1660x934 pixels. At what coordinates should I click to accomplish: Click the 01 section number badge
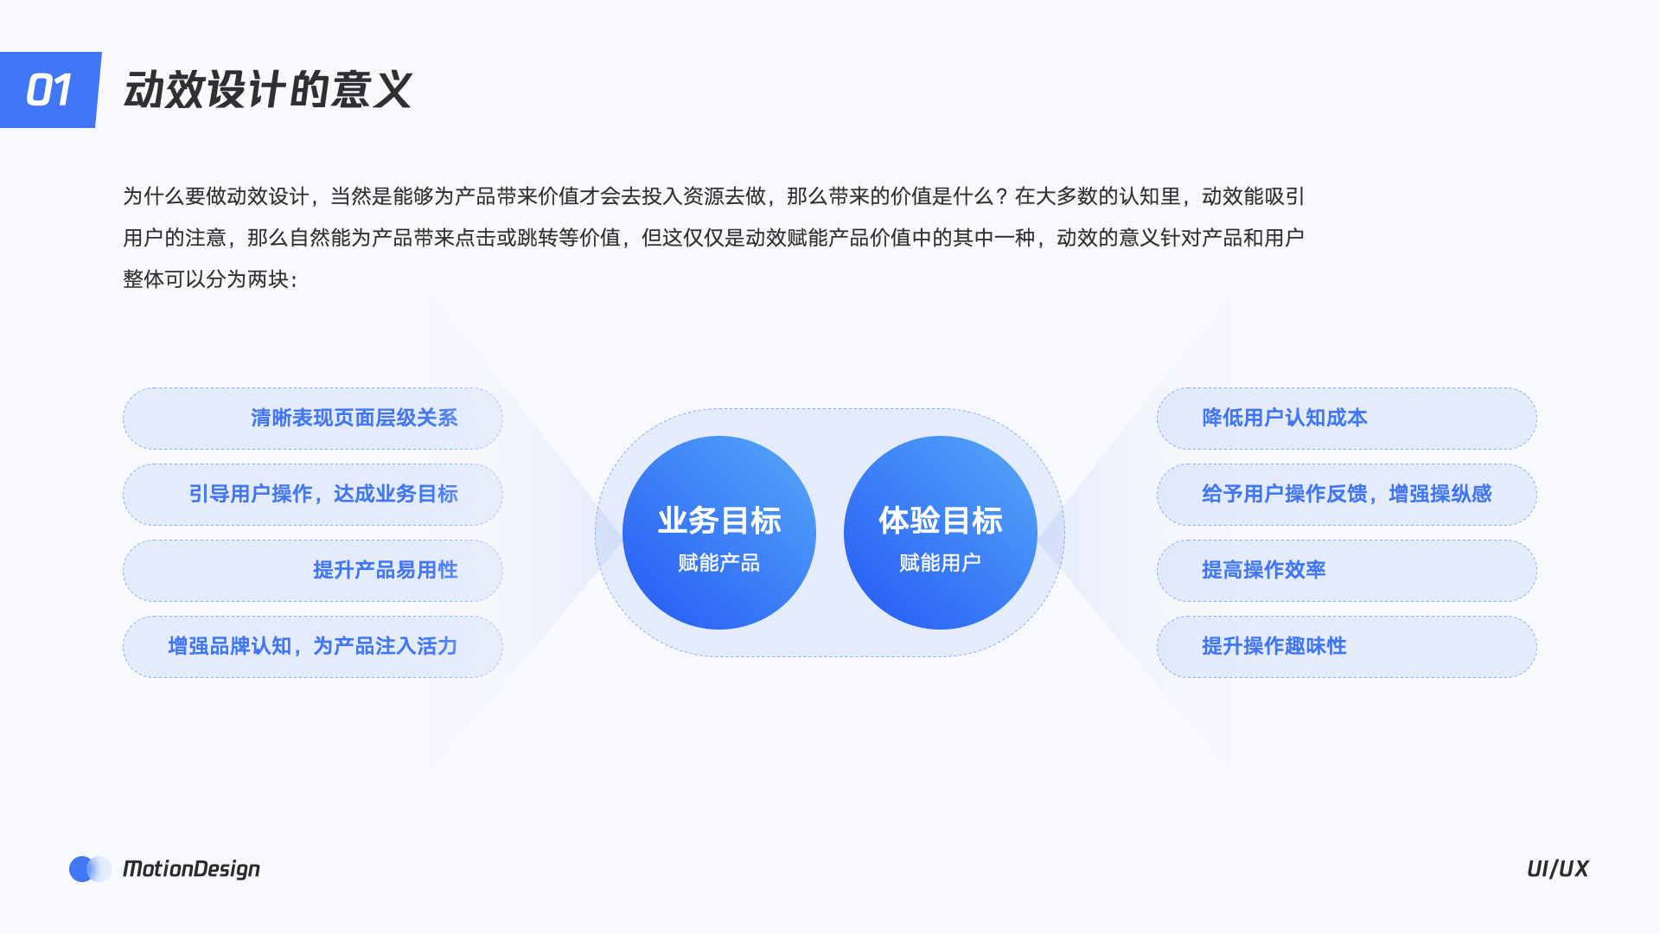(x=49, y=90)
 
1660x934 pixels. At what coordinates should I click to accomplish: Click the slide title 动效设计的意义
(x=267, y=90)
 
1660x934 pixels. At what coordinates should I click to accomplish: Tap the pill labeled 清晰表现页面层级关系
(x=312, y=419)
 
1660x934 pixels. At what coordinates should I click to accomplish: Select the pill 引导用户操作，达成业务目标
(x=312, y=495)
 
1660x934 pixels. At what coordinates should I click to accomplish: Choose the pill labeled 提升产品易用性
(x=312, y=571)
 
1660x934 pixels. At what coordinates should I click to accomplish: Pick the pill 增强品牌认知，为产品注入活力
(x=312, y=647)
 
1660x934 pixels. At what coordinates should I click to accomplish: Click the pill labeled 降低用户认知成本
(x=1346, y=419)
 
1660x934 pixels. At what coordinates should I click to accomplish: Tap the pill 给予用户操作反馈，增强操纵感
(x=1346, y=495)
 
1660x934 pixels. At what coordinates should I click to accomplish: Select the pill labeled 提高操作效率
(x=1346, y=571)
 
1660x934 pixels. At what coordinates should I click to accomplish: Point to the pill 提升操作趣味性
(x=1346, y=647)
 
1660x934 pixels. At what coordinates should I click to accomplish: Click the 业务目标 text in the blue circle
(x=719, y=521)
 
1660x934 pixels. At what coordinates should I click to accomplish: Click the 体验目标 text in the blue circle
(x=941, y=521)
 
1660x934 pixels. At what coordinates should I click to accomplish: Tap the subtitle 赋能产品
(x=719, y=563)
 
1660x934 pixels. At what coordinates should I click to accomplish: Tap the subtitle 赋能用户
(x=941, y=563)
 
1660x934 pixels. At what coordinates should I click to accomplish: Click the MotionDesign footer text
(x=191, y=869)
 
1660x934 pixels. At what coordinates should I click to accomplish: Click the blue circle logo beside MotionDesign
(x=83, y=869)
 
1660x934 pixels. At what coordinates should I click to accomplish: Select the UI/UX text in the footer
(x=1557, y=869)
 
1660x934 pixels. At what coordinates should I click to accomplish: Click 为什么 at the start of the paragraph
(x=154, y=197)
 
